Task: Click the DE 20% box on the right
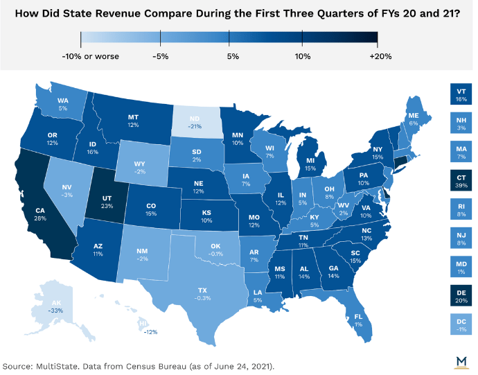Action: [x=461, y=296]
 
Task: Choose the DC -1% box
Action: [x=461, y=324]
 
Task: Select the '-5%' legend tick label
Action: [x=161, y=56]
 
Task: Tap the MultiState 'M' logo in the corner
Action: [x=460, y=359]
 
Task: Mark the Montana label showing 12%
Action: [x=134, y=121]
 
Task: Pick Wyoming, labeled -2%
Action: [x=141, y=167]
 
